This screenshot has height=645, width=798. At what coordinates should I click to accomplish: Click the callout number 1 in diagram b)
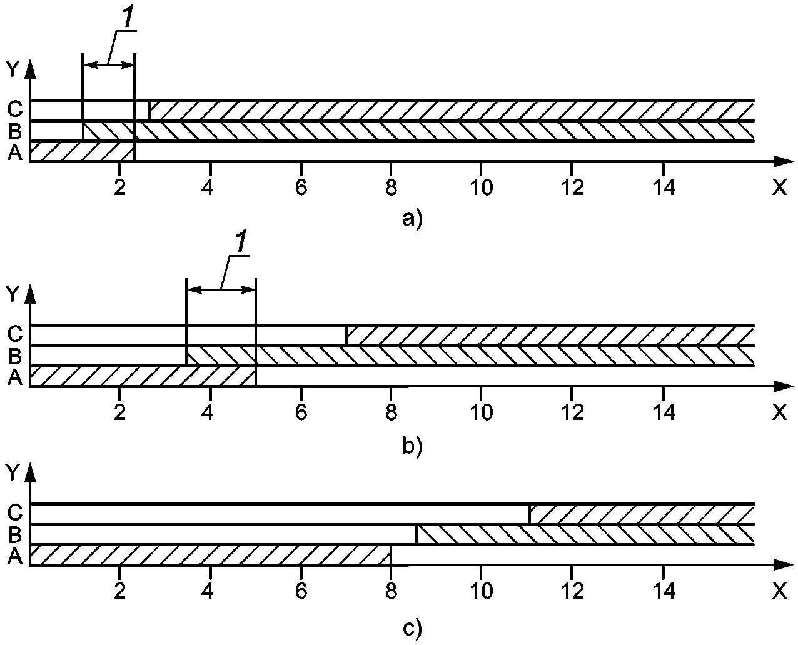239,244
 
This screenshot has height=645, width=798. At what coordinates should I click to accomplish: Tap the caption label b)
413,446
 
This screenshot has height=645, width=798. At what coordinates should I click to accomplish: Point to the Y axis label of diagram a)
13,68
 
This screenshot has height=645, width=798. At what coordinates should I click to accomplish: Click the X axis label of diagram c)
779,590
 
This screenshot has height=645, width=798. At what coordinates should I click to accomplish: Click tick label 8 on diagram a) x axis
391,187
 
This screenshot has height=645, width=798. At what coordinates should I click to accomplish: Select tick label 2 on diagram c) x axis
119,591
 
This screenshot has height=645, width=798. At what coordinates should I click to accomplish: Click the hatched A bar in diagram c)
210,555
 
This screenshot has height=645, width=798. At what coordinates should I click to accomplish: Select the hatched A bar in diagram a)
81,151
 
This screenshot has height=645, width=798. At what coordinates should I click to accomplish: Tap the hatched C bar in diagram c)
642,514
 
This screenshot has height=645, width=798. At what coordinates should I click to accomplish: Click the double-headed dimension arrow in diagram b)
221,289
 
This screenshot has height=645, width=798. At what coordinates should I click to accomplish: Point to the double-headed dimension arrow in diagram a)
109,64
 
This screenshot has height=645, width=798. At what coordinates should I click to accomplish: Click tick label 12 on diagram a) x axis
571,187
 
